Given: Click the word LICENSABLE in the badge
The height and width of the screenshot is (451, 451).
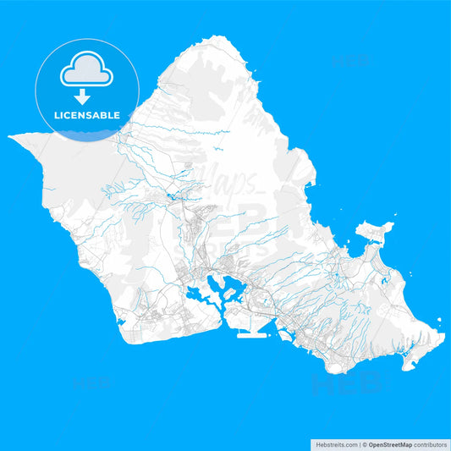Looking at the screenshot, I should [x=88, y=115].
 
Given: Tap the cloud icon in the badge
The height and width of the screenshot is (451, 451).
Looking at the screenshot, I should [x=87, y=71].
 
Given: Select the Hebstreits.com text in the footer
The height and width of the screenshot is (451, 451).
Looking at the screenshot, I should [x=336, y=443].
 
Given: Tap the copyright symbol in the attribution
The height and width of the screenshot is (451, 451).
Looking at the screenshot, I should [x=365, y=443].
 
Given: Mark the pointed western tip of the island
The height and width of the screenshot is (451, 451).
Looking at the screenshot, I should [x=10, y=135].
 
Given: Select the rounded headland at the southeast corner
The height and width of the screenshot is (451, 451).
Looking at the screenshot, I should [x=411, y=362].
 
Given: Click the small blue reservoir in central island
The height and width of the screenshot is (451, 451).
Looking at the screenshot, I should [x=173, y=196].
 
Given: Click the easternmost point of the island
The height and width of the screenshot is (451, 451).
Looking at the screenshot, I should [x=443, y=336].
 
